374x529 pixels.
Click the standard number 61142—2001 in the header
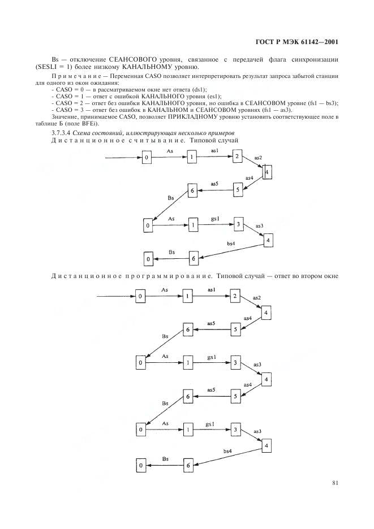[x=321, y=42]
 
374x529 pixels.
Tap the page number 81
[x=335, y=483]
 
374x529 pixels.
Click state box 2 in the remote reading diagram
[x=237, y=157]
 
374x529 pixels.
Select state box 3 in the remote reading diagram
[x=239, y=224]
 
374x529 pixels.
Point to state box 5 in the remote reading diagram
[x=238, y=189]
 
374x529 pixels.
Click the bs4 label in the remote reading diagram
[x=231, y=243]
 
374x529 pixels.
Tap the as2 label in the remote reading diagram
[x=258, y=158]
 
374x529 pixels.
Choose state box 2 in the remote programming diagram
[x=235, y=297]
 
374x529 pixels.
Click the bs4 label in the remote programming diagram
[x=227, y=451]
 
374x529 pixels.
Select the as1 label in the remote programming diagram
[x=212, y=290]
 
